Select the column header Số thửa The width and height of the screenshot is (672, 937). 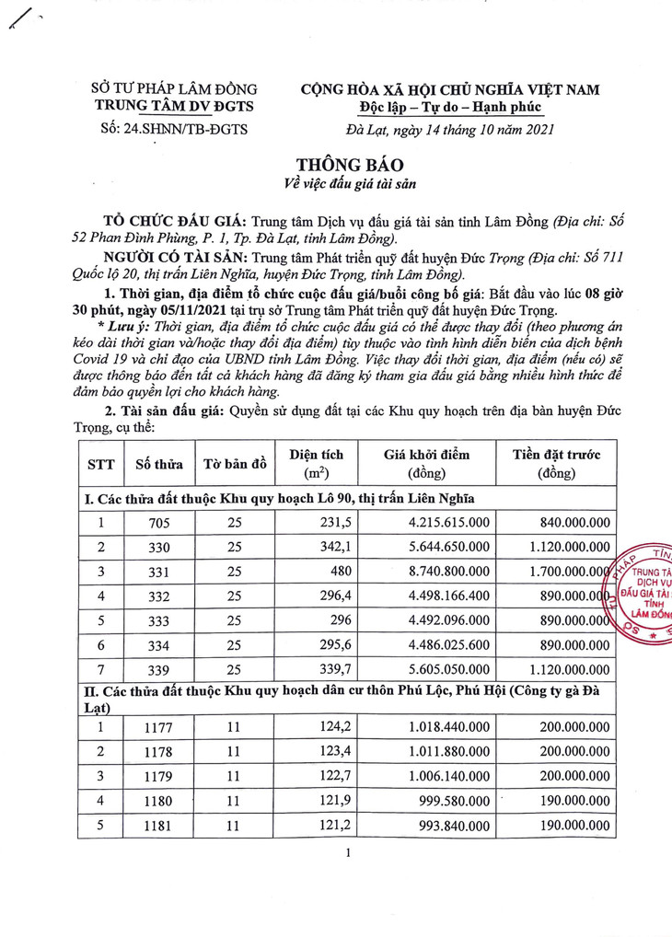(159, 464)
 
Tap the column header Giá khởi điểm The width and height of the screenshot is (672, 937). (426, 464)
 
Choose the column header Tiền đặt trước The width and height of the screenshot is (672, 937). (562, 464)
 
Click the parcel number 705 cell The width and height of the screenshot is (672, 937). (159, 523)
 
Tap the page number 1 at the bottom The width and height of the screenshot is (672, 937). (349, 855)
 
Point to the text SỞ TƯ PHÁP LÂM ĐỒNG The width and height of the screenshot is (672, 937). (174, 89)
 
